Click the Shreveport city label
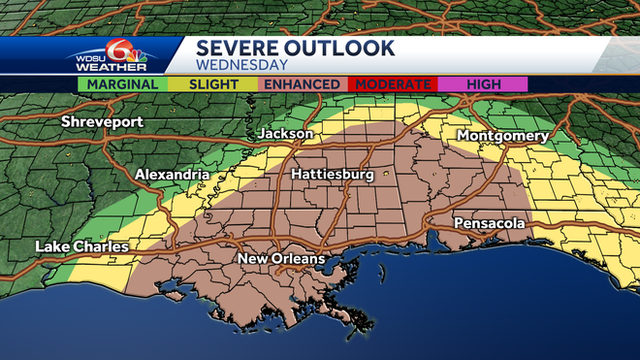click(101, 122)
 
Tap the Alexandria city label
click(172, 175)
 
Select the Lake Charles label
click(81, 246)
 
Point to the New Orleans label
click(281, 260)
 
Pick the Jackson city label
click(285, 133)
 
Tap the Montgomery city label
click(502, 136)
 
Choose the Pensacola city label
click(490, 223)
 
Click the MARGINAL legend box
click(122, 84)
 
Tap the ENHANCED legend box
click(302, 84)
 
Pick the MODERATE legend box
click(393, 84)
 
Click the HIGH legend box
click(483, 84)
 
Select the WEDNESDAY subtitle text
click(241, 66)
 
